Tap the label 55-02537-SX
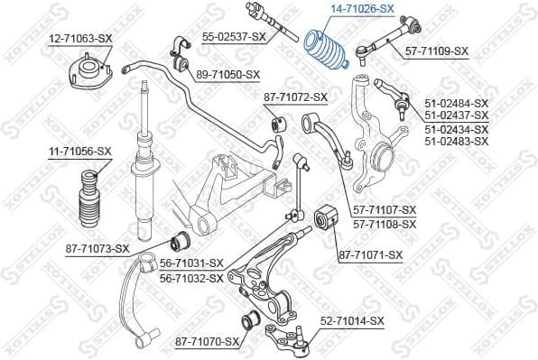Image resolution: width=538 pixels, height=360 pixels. (233, 36)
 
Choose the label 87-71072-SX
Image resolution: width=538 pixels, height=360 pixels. (295, 97)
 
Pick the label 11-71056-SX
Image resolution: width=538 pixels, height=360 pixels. (79, 151)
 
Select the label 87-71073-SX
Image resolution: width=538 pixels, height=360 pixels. (97, 248)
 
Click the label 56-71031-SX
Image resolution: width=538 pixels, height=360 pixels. (190, 263)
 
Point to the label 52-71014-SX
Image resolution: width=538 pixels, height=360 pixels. (352, 321)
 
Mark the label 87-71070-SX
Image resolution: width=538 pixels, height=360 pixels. (208, 342)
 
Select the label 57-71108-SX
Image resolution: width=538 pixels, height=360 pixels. (385, 224)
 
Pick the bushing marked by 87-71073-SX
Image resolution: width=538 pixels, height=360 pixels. (181, 242)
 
